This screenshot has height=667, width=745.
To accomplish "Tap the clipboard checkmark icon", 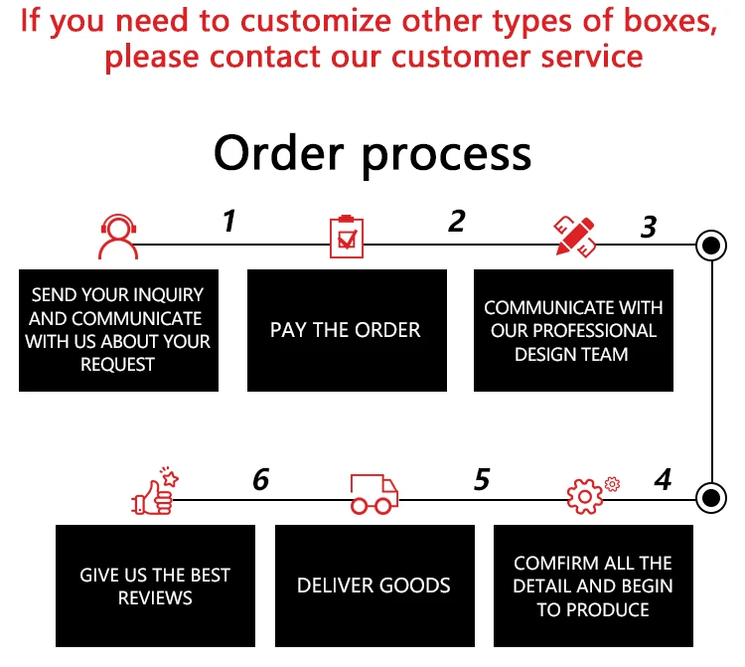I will [345, 237].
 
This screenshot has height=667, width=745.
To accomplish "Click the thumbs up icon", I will [154, 493].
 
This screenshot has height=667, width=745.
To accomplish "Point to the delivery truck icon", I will [373, 493].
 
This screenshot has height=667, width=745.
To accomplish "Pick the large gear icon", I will [584, 495].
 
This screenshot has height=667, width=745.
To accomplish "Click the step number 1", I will [229, 221].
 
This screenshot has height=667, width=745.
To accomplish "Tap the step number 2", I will [456, 221].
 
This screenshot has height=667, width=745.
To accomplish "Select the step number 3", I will [648, 227].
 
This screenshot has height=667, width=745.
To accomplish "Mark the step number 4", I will [663, 480].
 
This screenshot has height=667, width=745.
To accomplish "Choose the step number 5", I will [482, 480].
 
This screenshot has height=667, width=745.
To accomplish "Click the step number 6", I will [260, 480].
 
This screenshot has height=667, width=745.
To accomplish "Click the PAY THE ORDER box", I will [346, 330].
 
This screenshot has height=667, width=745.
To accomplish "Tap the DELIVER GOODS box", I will [373, 585].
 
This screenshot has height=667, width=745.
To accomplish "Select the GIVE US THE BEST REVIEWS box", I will [155, 585].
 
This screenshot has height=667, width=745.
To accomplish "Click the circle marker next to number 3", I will [711, 245].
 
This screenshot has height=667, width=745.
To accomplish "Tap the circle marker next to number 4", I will [711, 496].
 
